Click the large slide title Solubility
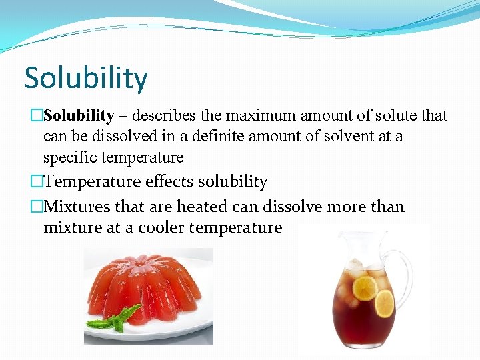click(x=86, y=78)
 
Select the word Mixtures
click(x=77, y=206)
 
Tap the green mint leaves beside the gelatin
click(x=113, y=320)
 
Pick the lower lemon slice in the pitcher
click(x=384, y=303)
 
